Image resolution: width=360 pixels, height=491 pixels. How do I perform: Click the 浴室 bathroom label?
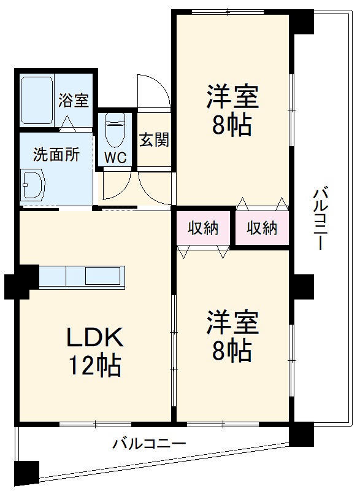tap(74, 101)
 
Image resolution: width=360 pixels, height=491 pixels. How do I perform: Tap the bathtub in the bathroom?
tap(37, 101)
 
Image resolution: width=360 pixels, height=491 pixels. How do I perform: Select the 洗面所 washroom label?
tap(56, 155)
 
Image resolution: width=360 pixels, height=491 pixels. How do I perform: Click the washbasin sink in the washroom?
tap(33, 185)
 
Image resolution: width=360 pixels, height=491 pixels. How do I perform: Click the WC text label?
tap(115, 158)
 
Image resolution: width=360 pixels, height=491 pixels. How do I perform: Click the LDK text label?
tap(95, 338)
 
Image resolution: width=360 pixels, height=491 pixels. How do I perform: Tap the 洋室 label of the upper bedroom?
tap(232, 98)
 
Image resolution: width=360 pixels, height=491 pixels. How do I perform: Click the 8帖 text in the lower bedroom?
tap(232, 350)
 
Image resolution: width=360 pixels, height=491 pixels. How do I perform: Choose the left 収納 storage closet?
tap(203, 228)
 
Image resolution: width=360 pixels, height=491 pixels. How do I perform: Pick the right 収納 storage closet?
tap(262, 228)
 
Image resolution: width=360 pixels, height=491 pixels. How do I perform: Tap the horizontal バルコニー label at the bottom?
tap(148, 444)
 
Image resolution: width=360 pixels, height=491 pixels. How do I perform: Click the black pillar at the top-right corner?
tap(301, 22)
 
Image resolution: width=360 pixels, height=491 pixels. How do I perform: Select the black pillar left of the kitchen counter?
tap(17, 285)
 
